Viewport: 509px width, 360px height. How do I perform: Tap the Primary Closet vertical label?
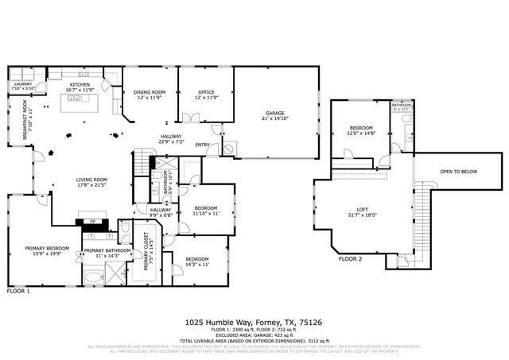147,255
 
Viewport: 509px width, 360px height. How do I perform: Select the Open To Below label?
458,171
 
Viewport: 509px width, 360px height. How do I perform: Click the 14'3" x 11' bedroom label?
196,261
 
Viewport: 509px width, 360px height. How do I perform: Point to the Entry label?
203,145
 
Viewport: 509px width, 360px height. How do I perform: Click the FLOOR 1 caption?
18,292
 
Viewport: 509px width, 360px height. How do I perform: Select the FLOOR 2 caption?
350,259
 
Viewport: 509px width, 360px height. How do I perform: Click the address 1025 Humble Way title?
254,323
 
